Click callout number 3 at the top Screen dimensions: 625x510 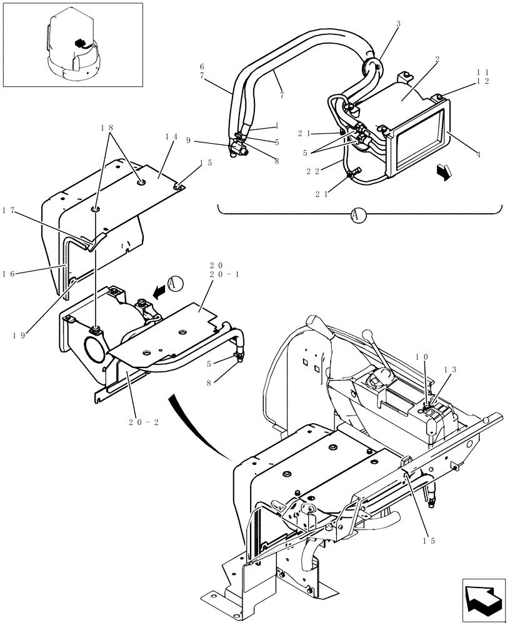399,24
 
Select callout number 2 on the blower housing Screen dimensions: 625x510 437,59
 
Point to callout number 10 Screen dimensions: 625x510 424,356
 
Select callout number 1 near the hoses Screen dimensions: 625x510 276,125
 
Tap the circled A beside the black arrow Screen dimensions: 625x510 176,283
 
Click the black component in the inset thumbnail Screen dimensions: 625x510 79,44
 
